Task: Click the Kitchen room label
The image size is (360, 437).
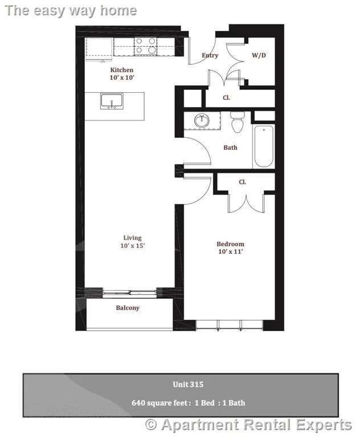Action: point(122,70)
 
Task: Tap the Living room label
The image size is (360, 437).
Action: point(132,238)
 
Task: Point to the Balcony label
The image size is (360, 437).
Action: point(128,308)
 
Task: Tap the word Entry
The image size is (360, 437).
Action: point(210,55)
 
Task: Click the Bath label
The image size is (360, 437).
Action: point(230,147)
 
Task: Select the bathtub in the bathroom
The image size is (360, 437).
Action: point(264,146)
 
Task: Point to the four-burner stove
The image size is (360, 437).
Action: point(145,46)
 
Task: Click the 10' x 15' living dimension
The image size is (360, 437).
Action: point(132,246)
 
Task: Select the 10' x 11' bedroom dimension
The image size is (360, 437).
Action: point(230,251)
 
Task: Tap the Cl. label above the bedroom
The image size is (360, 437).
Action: point(242,182)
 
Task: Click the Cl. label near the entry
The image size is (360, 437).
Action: point(226,98)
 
